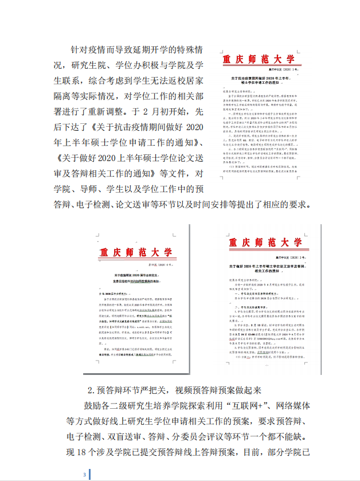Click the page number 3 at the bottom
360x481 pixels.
[84, 475]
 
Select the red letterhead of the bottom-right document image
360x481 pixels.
[264, 243]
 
